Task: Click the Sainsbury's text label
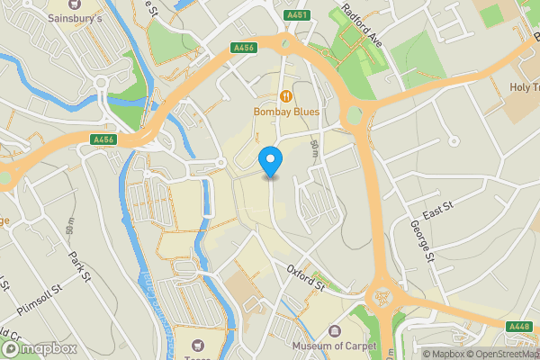[x=100, y=17]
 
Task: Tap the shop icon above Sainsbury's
[x=100, y=4]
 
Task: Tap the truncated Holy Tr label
[x=524, y=87]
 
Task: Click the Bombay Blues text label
[x=285, y=111]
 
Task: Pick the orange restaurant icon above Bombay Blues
[x=285, y=95]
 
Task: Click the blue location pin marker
[x=271, y=162]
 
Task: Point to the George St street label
[x=422, y=241]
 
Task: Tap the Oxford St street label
[x=306, y=276]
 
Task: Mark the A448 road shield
[x=519, y=327]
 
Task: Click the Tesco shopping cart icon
[x=200, y=345]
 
